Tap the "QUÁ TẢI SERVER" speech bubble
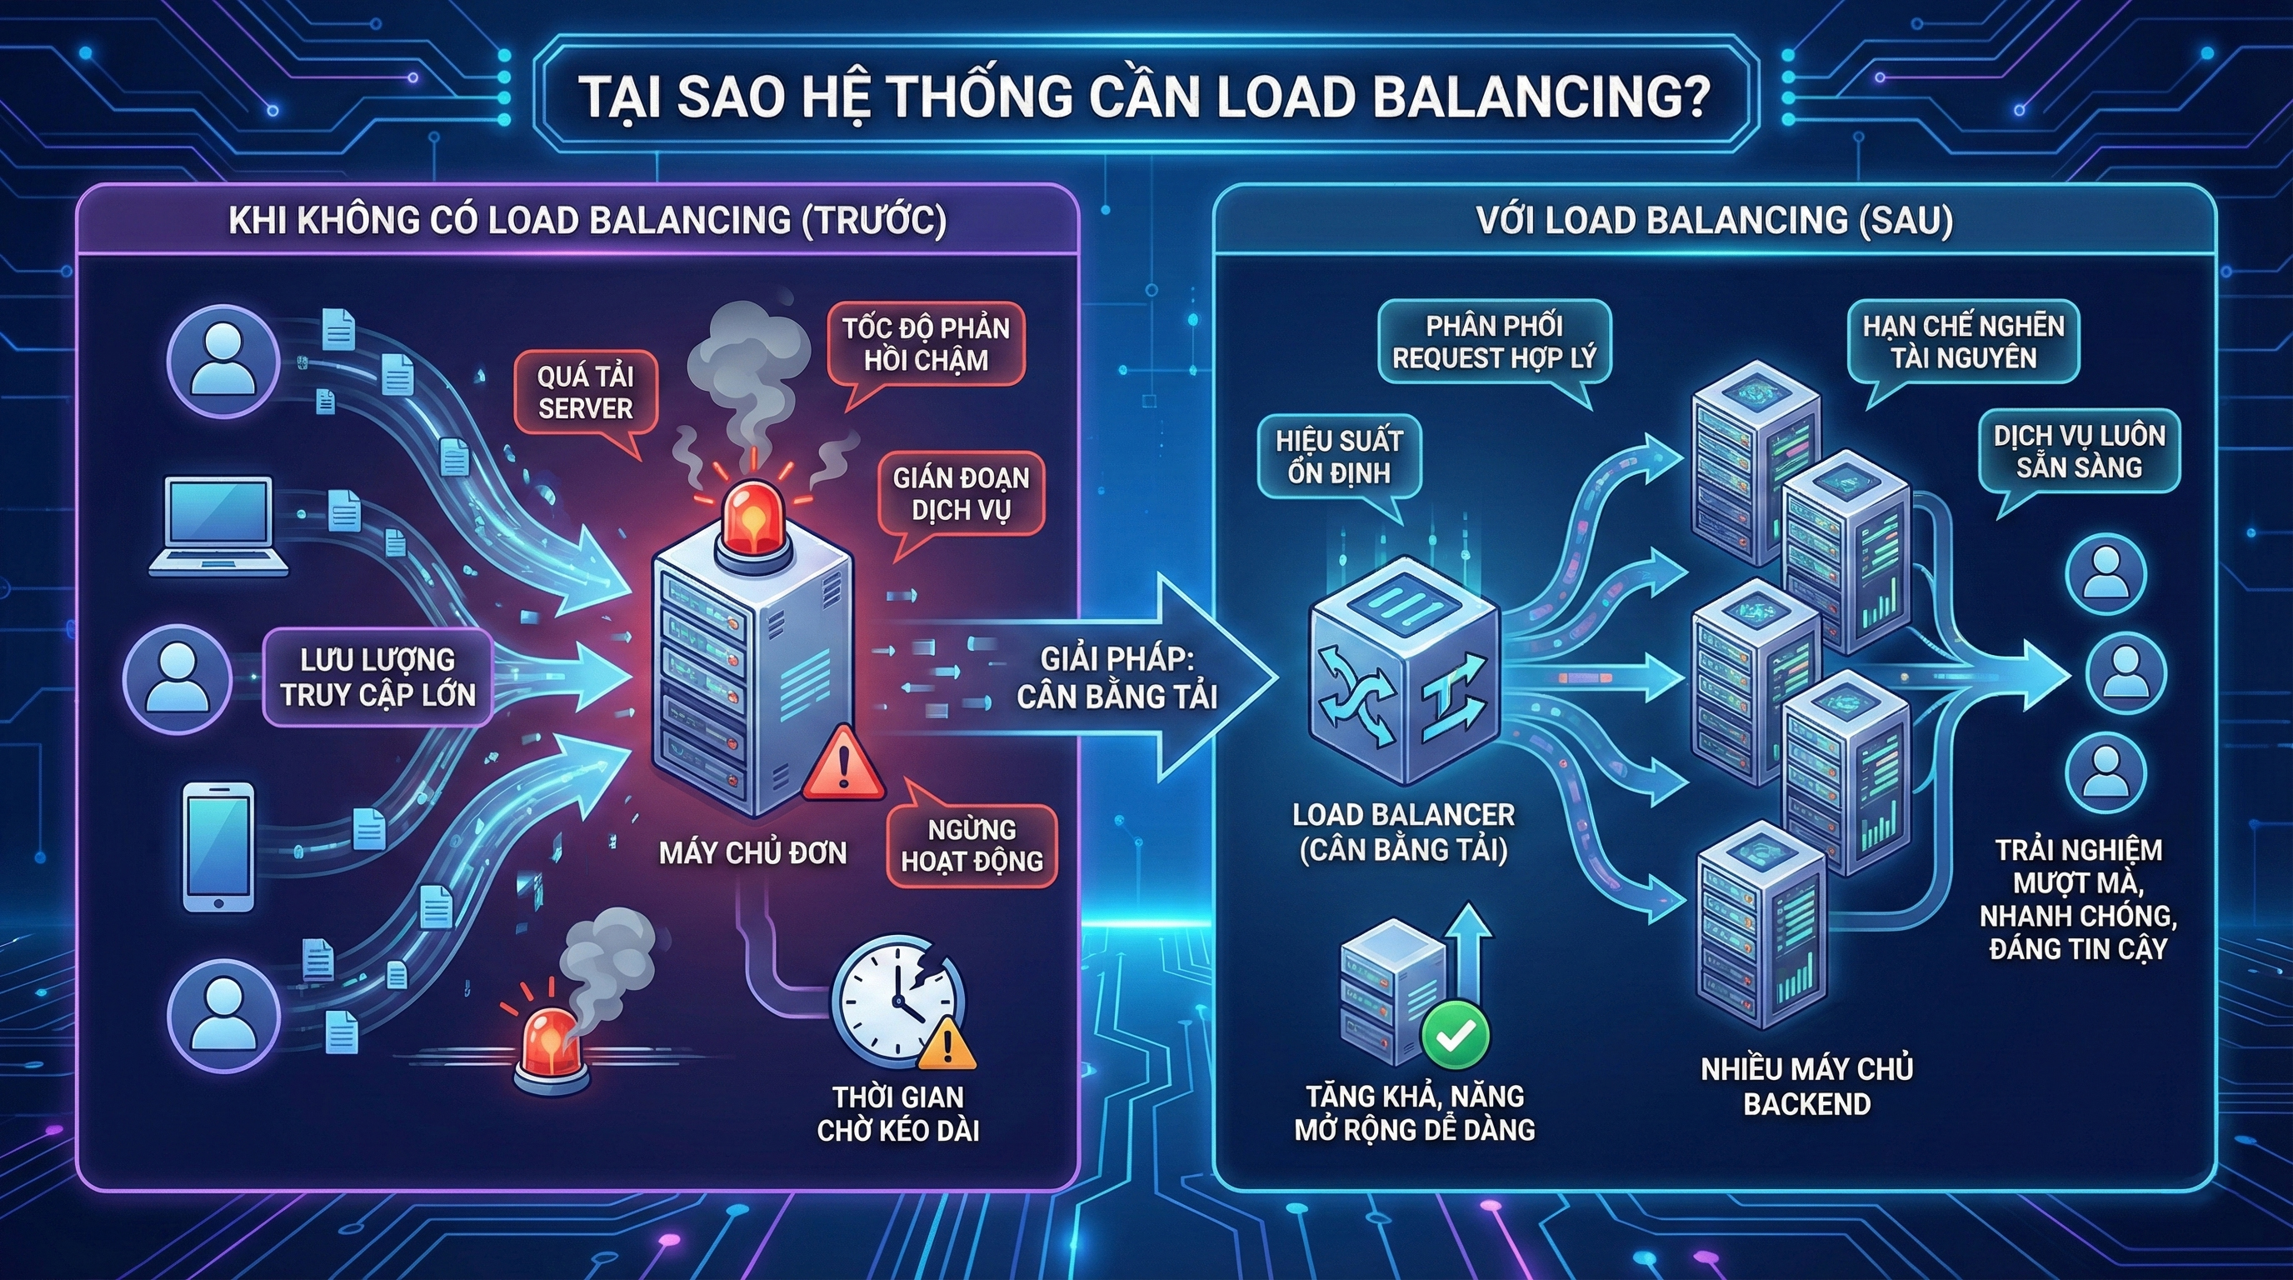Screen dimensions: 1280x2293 585,392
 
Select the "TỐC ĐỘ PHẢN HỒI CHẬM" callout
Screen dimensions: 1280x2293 926,344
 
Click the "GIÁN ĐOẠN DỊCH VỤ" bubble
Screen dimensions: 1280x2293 962,494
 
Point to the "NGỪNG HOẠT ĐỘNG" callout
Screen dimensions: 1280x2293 972,846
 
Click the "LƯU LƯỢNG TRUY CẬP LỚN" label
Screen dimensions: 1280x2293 378,677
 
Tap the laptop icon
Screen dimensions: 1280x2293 219,527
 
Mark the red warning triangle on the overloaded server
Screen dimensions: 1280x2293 842,767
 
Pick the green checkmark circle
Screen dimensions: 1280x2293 1455,1034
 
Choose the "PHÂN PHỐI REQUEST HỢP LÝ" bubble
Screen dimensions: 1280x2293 1495,342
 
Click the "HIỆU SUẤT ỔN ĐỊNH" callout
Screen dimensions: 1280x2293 1339,457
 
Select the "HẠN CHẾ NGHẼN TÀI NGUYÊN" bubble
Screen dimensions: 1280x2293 1963,342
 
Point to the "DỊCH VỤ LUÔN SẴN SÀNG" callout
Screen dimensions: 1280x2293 2079,452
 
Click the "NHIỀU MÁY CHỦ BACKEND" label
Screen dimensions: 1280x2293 1806,1086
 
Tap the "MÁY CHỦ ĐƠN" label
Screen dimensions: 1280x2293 752,852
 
